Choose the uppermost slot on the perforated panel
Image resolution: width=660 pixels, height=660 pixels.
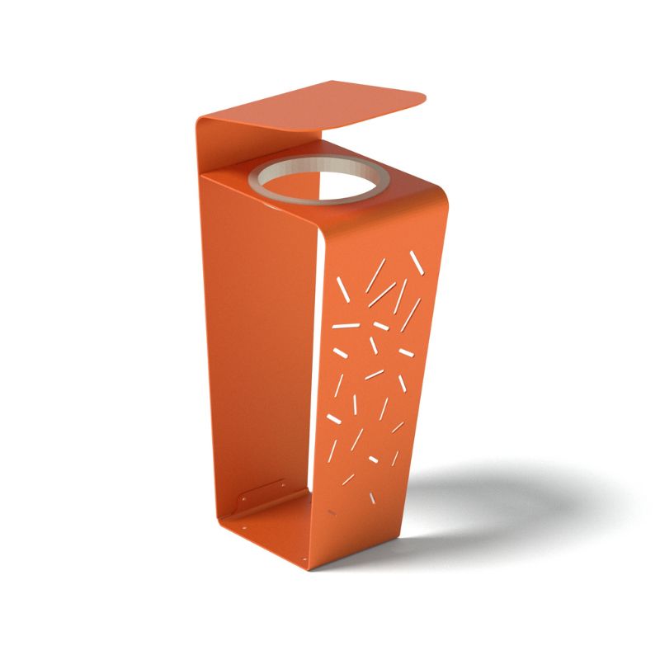pos(417,262)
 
